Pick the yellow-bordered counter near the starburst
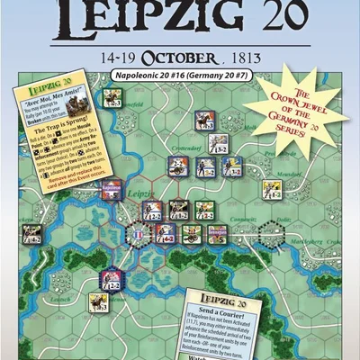point(271,190)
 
